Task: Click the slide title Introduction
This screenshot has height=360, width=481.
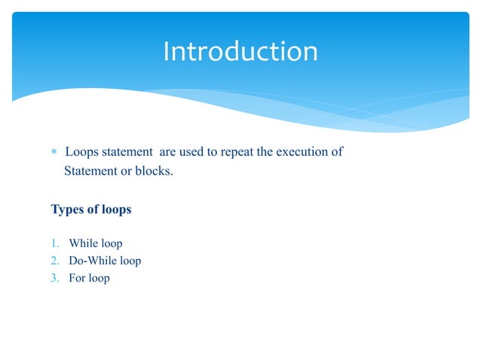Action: [240, 52]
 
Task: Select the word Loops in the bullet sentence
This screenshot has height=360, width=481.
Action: [81, 152]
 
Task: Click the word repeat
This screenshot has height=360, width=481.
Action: [236, 153]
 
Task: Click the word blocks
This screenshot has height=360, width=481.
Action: [153, 171]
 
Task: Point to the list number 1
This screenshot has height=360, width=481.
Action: [55, 244]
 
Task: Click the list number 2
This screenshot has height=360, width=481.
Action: [55, 261]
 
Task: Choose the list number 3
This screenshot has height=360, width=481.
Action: [55, 279]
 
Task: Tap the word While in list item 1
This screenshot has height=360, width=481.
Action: [83, 244]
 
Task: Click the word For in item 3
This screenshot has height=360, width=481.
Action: [77, 279]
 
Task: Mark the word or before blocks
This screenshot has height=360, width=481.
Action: [124, 171]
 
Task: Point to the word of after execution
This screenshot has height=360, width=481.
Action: [337, 152]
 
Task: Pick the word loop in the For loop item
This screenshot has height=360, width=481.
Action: [100, 279]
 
